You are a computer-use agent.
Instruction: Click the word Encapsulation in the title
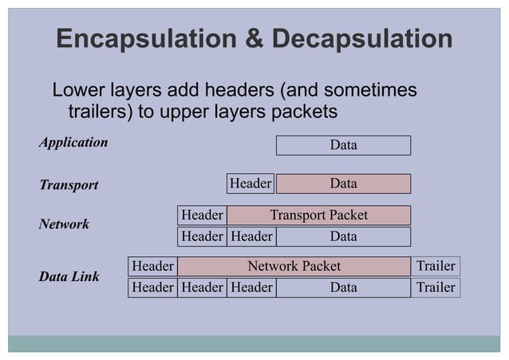point(146,39)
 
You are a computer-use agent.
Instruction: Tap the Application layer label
point(73,143)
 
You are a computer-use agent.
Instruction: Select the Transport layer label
point(69,185)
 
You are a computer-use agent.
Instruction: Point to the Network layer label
point(65,224)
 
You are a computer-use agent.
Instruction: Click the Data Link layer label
point(69,277)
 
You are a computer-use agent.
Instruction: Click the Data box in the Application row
point(343,145)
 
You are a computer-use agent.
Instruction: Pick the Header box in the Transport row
point(251,184)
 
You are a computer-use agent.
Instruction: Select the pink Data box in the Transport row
point(343,184)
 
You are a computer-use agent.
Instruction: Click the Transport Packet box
point(318,215)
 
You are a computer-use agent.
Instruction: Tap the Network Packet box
point(294,266)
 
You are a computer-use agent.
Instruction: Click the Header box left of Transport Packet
point(202,215)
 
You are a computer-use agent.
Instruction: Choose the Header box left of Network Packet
point(152,266)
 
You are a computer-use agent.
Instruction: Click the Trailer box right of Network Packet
point(436,266)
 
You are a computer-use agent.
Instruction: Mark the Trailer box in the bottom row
point(436,287)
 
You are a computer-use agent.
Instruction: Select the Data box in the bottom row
point(343,287)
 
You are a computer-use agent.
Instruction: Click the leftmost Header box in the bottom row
point(152,287)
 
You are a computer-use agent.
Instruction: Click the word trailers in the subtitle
point(101,110)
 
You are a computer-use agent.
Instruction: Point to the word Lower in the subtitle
point(80,89)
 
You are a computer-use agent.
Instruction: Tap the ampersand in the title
point(252,39)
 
